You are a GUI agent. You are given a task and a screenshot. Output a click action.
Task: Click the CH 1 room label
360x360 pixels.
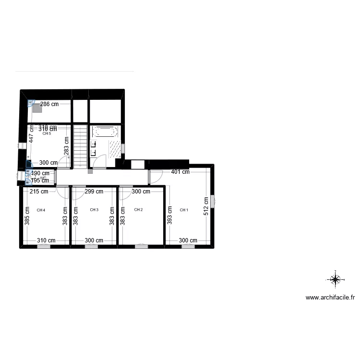184,210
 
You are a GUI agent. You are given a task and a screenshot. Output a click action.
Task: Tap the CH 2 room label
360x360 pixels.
138,210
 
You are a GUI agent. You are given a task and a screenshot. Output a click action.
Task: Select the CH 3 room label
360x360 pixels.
94,210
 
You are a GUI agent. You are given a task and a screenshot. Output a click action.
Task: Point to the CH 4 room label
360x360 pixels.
41,210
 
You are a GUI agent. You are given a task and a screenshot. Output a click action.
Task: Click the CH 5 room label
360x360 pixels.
47,134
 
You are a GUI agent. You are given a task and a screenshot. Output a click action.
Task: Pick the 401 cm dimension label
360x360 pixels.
180,172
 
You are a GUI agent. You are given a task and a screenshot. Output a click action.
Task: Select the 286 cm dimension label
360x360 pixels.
49,104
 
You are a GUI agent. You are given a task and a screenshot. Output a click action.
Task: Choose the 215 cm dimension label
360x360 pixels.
38,192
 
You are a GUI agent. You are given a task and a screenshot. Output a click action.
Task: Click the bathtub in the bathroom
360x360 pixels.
104,131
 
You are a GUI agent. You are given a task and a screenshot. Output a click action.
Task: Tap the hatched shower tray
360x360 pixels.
115,149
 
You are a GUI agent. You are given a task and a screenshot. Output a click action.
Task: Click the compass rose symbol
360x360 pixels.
335,278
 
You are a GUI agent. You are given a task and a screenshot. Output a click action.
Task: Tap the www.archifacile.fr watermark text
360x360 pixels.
330,298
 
